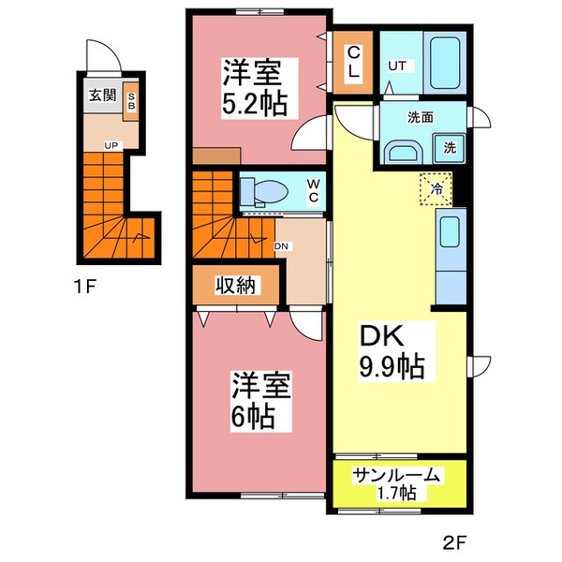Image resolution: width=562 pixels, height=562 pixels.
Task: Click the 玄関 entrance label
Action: [x=101, y=96]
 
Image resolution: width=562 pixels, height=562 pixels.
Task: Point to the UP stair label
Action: [x=111, y=145]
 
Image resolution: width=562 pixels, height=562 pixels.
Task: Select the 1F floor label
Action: [x=85, y=288]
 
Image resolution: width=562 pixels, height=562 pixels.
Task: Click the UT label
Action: [x=397, y=67]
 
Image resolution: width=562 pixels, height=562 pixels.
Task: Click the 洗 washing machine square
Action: [x=450, y=147]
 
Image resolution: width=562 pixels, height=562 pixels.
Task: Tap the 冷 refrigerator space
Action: [x=436, y=188]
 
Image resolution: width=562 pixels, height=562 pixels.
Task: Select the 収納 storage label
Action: [x=234, y=285]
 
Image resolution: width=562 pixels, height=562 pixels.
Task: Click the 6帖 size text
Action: [x=254, y=413]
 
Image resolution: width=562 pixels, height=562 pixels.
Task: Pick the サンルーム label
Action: [x=396, y=475]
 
